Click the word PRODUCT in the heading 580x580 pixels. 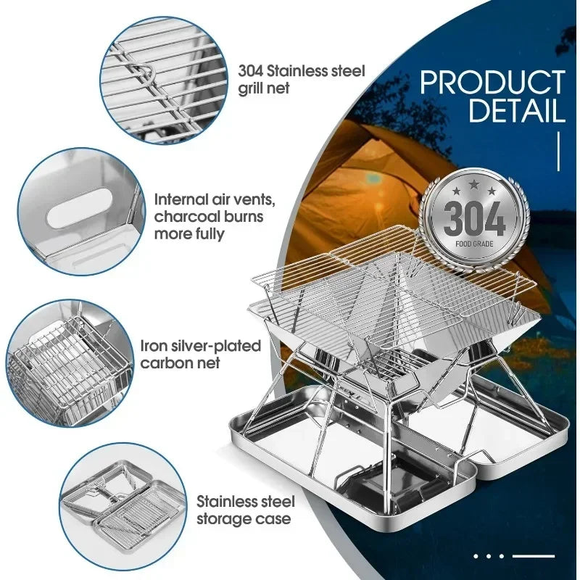(492, 83)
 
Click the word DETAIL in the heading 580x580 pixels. (516, 111)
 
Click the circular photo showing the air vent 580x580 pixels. (77, 212)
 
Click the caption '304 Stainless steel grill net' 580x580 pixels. (301, 80)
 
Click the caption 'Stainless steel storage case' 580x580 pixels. (244, 509)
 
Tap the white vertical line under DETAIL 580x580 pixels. (559, 153)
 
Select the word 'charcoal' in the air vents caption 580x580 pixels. (185, 217)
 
